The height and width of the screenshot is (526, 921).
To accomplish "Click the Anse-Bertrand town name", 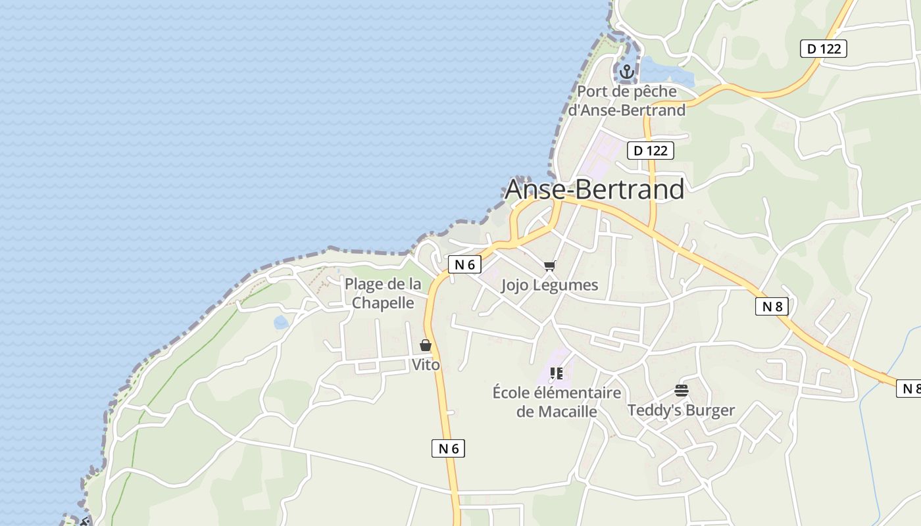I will [x=594, y=189].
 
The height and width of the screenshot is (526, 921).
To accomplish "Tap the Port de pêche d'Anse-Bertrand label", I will [x=626, y=101].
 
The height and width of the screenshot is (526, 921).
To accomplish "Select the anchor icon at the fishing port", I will [x=627, y=72].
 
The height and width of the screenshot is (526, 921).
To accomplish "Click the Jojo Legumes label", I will [x=549, y=285].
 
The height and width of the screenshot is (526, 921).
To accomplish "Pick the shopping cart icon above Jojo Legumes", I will [x=549, y=266].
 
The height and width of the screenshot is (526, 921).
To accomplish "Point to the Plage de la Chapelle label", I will [x=383, y=293].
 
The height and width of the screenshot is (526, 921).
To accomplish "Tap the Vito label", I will [x=426, y=364].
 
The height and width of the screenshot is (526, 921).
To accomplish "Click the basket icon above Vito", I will [x=426, y=345].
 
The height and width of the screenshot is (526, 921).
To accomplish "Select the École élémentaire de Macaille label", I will [x=557, y=402].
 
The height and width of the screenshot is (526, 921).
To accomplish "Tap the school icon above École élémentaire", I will [x=557, y=373].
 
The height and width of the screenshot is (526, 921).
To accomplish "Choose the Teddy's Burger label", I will [x=681, y=410].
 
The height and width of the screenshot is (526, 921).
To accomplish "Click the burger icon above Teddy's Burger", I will [x=681, y=391].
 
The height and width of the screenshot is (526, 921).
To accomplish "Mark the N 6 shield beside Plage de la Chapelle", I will [x=464, y=264].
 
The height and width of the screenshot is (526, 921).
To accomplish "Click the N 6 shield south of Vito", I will [x=448, y=448].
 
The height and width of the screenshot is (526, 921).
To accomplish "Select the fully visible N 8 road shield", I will [x=772, y=306].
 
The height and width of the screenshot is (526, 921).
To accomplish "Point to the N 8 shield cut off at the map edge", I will [x=909, y=389].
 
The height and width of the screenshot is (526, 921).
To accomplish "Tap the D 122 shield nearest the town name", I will [x=650, y=151].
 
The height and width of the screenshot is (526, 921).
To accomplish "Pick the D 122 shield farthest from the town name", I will [x=824, y=48].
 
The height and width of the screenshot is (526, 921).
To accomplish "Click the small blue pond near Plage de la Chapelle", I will [x=281, y=322].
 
